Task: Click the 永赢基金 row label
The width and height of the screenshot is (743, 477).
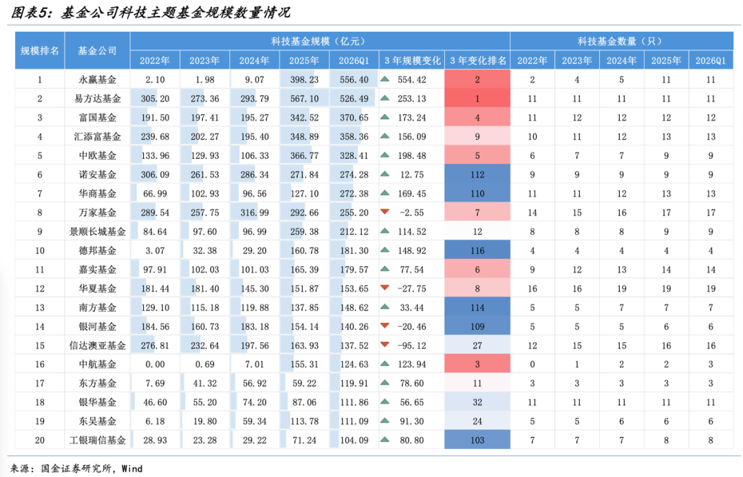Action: (97, 80)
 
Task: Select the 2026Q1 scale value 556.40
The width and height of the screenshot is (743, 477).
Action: (354, 80)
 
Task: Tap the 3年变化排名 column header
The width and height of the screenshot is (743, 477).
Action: (477, 61)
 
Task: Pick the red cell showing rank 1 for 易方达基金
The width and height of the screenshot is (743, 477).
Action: (477, 98)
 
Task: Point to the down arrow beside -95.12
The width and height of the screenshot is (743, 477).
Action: (385, 345)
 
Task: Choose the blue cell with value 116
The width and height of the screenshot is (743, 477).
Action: (477, 250)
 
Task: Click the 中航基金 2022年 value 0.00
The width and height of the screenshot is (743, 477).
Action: (155, 364)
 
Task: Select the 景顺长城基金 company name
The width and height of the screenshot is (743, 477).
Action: (97, 231)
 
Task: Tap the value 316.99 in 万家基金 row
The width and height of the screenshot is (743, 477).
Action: (255, 213)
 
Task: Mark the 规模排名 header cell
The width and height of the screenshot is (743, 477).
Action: (40, 51)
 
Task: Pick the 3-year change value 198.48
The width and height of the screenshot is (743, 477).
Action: (412, 156)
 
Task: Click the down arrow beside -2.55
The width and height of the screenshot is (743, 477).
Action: (385, 212)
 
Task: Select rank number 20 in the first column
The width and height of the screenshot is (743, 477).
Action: (40, 440)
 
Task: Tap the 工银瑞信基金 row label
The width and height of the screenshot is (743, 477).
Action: (97, 440)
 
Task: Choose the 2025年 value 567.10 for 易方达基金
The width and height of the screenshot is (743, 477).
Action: (304, 98)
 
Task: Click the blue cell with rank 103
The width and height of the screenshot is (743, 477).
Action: (477, 440)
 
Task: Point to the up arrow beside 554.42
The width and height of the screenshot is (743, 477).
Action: (385, 79)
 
